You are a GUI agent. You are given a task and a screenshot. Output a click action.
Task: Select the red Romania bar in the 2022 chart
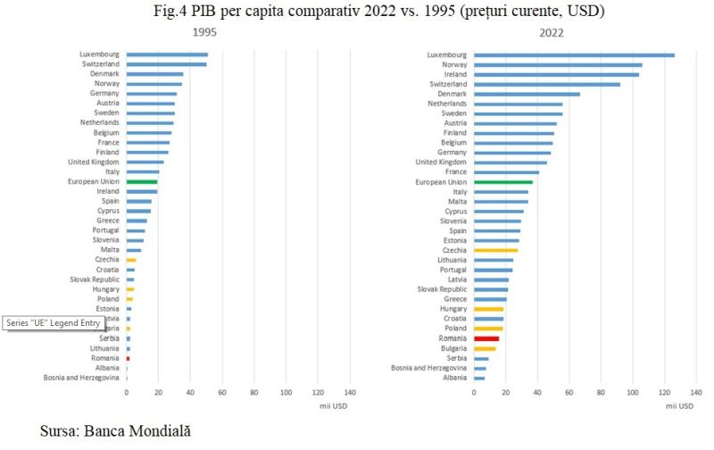(x=486, y=338)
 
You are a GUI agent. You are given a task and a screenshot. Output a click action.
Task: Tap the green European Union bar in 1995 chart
(x=142, y=181)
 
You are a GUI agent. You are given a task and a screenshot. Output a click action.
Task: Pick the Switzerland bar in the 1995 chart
(x=166, y=63)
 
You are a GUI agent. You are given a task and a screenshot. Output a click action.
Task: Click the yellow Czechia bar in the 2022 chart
(x=495, y=250)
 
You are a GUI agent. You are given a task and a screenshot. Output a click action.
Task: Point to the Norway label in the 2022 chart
(x=453, y=64)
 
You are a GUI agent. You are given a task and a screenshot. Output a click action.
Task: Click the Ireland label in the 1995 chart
(x=108, y=191)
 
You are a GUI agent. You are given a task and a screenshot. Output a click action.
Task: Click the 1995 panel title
(x=206, y=32)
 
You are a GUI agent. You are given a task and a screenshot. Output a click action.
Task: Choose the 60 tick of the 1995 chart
(x=222, y=392)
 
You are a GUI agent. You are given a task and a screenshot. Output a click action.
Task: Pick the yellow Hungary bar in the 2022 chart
(x=488, y=309)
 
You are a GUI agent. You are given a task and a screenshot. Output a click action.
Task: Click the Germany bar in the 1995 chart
(x=151, y=93)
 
